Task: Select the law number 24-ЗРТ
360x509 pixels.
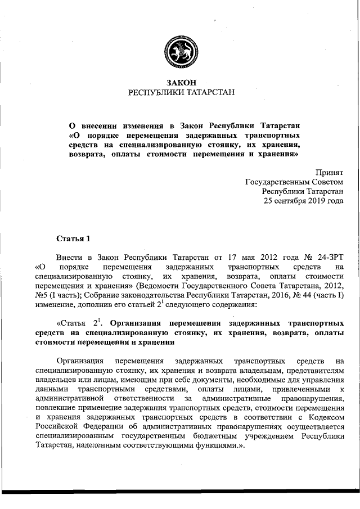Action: (327, 258)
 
